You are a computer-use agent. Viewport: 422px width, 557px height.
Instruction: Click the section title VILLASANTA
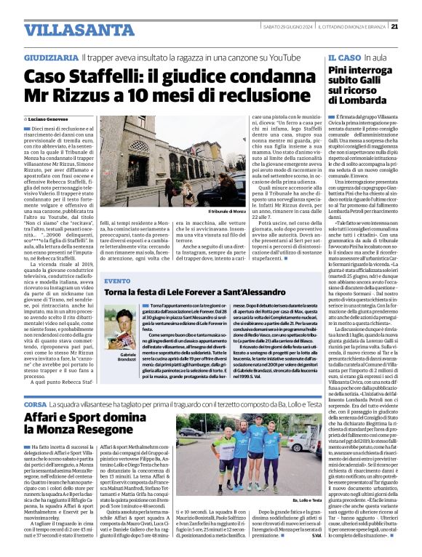(x=69, y=30)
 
